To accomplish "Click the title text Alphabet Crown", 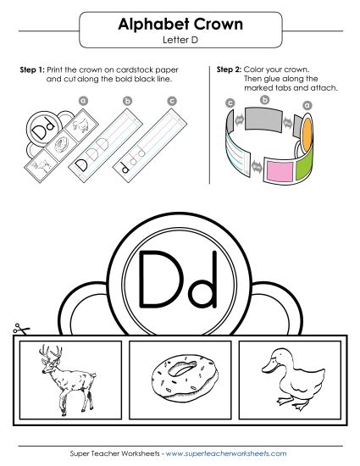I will click(x=179, y=25).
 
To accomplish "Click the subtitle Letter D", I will click(x=179, y=40).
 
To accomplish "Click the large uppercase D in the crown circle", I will click(x=158, y=277).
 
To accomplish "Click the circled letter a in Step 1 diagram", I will click(x=83, y=100).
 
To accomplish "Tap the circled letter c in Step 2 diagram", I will click(x=230, y=103).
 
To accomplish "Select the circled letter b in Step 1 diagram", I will click(x=128, y=102).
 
